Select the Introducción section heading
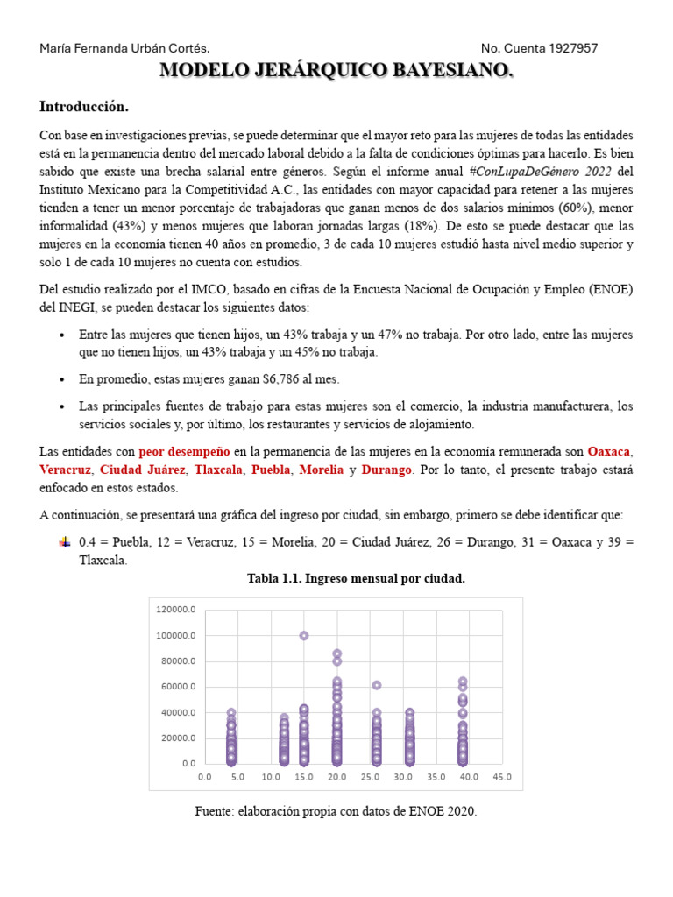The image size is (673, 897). tap(84, 107)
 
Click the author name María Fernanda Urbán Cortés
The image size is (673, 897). tap(124, 48)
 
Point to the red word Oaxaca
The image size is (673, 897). tap(609, 452)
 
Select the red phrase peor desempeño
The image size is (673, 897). tap(184, 452)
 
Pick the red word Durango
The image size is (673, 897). tap(386, 470)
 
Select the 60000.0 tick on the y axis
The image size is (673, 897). tap(179, 687)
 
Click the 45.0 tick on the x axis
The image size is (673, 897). tap(502, 776)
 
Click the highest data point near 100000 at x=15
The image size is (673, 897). tap(304, 636)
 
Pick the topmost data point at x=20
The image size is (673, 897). tap(336, 653)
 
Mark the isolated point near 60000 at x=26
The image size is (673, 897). tap(377, 685)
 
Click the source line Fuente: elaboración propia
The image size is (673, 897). tap(336, 811)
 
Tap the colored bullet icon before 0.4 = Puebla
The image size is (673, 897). tap(63, 542)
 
